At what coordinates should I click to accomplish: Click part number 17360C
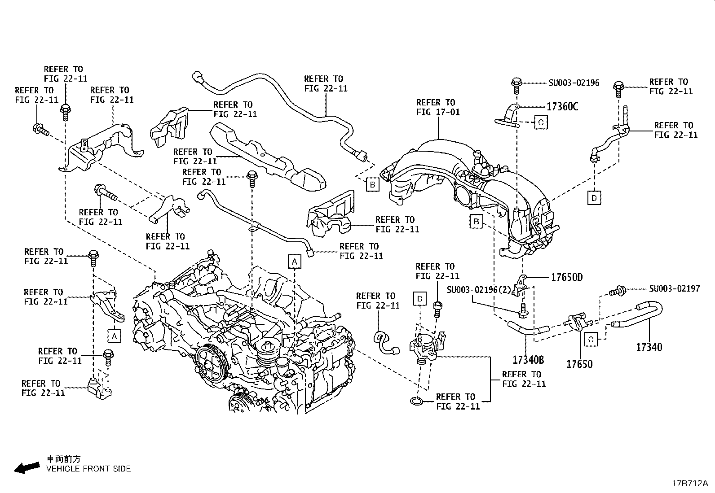pos(562,107)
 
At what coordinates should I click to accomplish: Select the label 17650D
pos(566,277)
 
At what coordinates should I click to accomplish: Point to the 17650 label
pos(579,364)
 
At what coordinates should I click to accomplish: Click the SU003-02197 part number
pos(674,289)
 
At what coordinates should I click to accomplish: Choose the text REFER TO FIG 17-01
pos(438,107)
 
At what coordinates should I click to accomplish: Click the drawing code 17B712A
pos(689,484)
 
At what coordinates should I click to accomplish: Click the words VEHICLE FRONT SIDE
pos(88,469)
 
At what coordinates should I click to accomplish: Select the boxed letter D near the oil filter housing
pos(419,299)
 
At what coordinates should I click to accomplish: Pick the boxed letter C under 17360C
pos(541,122)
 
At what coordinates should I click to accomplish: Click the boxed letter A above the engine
pos(294,261)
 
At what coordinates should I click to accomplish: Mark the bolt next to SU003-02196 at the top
pos(516,83)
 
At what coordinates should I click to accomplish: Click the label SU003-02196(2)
pos(479,290)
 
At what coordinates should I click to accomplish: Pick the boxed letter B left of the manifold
pos(476,221)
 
